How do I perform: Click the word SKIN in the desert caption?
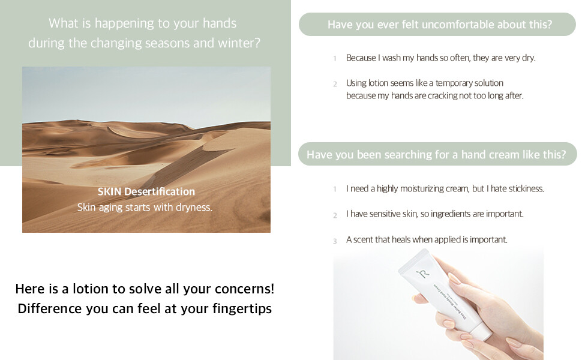(x=109, y=191)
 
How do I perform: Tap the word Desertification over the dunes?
(x=159, y=191)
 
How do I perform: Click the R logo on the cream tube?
(x=423, y=274)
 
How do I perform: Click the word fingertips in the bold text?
(x=242, y=309)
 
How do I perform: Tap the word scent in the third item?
(x=362, y=240)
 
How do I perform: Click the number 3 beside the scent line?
(x=335, y=241)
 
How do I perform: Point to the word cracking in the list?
(x=442, y=96)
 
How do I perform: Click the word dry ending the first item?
(x=529, y=58)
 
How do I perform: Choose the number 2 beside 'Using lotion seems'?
(x=335, y=84)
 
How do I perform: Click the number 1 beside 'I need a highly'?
(x=335, y=189)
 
